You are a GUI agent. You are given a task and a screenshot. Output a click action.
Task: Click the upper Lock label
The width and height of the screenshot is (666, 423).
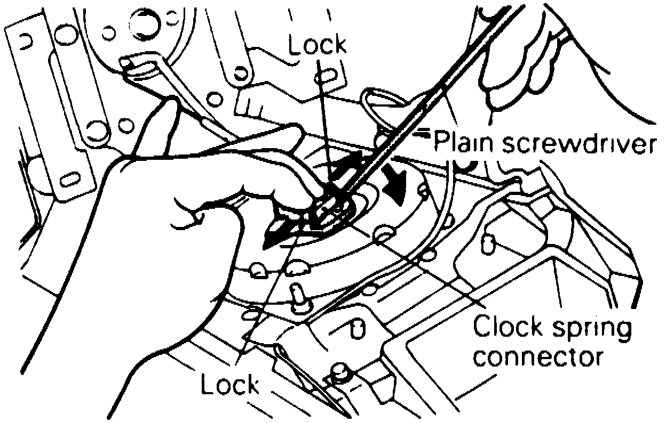point(317,46)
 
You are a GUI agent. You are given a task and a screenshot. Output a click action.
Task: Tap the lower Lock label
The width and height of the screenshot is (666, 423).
point(230,385)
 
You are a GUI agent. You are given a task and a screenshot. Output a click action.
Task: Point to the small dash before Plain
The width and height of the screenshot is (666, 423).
point(423,131)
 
